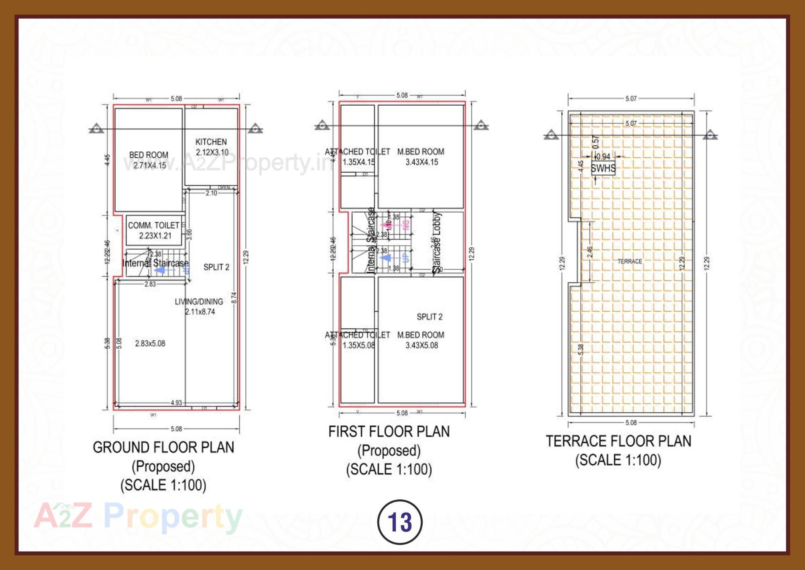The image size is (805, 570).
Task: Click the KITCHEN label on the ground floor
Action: click(x=211, y=142)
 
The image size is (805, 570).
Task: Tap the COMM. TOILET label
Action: click(x=154, y=226)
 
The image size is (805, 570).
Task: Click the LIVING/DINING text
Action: click(x=199, y=302)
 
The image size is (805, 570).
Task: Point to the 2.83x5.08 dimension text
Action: click(x=150, y=344)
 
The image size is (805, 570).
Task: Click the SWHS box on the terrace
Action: click(x=603, y=168)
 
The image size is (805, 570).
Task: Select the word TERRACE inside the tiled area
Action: click(x=629, y=261)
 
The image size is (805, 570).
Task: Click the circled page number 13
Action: click(x=400, y=522)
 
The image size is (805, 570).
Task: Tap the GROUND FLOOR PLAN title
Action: click(x=163, y=448)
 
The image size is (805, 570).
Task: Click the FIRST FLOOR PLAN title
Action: click(x=389, y=432)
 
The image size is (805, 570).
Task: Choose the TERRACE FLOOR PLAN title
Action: click(x=618, y=441)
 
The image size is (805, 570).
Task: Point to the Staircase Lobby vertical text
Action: click(x=437, y=242)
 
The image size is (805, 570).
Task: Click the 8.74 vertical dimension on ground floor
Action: click(x=234, y=297)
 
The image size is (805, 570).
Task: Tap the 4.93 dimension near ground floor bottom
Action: click(x=176, y=403)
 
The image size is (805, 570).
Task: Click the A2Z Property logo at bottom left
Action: click(x=138, y=516)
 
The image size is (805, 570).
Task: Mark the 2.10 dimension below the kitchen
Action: click(x=211, y=193)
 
